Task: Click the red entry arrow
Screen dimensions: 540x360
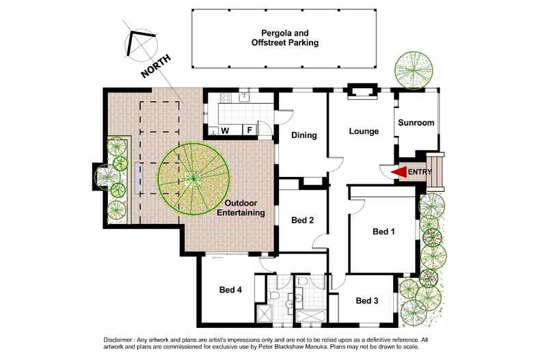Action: point(399,171)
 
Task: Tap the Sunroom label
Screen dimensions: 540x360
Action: point(416,122)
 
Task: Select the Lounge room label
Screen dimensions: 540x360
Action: point(364,131)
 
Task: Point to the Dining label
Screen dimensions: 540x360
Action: point(303,135)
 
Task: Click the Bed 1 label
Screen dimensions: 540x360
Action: point(383,232)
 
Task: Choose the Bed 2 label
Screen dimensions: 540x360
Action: point(302,220)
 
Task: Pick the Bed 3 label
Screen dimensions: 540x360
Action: point(367,301)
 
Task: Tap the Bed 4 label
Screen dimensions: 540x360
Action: point(230,290)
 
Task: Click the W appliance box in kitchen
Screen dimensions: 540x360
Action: point(225,130)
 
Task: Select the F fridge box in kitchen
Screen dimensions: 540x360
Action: point(249,130)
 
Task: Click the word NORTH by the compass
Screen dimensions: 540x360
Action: point(156,66)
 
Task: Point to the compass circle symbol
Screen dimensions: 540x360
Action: point(141,46)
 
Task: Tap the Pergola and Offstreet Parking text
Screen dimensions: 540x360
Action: point(285,38)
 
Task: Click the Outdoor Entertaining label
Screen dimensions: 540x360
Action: point(241,208)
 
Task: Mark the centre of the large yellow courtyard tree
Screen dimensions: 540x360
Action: point(193,179)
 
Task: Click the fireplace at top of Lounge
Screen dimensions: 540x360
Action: point(362,92)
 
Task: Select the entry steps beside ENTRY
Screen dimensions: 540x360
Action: point(435,171)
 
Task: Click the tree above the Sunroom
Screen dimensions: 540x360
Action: point(414,70)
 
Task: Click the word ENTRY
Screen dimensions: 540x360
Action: point(420,171)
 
